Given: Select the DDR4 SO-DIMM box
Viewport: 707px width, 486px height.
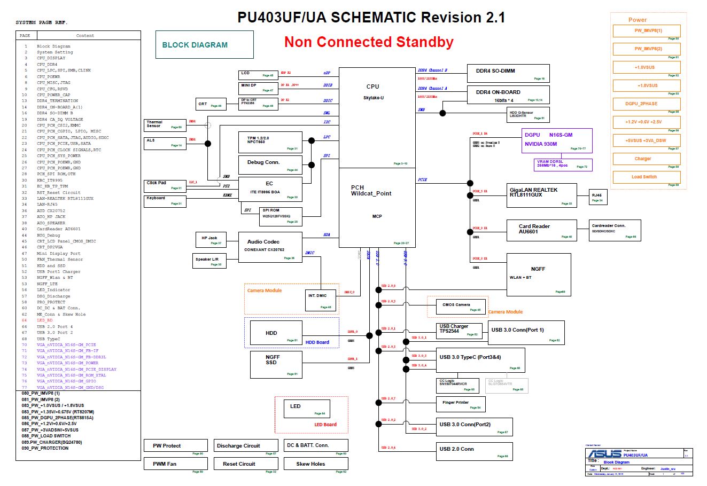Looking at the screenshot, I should click(508, 73).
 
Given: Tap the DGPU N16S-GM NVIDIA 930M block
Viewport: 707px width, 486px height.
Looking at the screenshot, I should click(557, 140).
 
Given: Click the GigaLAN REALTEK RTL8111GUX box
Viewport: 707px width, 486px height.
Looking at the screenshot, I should click(541, 195).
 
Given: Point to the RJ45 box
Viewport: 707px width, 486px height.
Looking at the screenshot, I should click(598, 197).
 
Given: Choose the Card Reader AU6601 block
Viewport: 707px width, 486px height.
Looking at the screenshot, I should click(541, 230).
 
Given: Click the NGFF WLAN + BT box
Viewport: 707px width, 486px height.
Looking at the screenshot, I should click(538, 274).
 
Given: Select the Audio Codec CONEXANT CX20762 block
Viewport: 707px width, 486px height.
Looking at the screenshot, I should click(269, 247).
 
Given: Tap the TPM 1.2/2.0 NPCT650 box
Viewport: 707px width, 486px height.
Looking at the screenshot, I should click(270, 142).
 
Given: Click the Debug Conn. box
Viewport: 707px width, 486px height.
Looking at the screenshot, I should click(270, 164).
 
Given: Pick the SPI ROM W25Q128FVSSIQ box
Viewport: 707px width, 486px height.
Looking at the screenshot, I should click(281, 215).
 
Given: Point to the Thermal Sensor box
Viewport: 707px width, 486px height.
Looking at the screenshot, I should click(164, 126).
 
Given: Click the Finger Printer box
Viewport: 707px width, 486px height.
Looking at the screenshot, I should click(461, 404).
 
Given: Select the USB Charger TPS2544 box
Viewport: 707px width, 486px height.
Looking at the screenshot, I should click(460, 330).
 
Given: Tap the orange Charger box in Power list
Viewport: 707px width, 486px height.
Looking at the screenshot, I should click(646, 159).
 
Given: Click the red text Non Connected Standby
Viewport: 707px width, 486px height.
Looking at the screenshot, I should click(369, 42).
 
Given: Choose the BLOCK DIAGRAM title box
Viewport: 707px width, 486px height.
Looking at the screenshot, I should click(204, 45).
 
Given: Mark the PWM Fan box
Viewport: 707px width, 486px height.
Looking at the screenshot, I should click(175, 464).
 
